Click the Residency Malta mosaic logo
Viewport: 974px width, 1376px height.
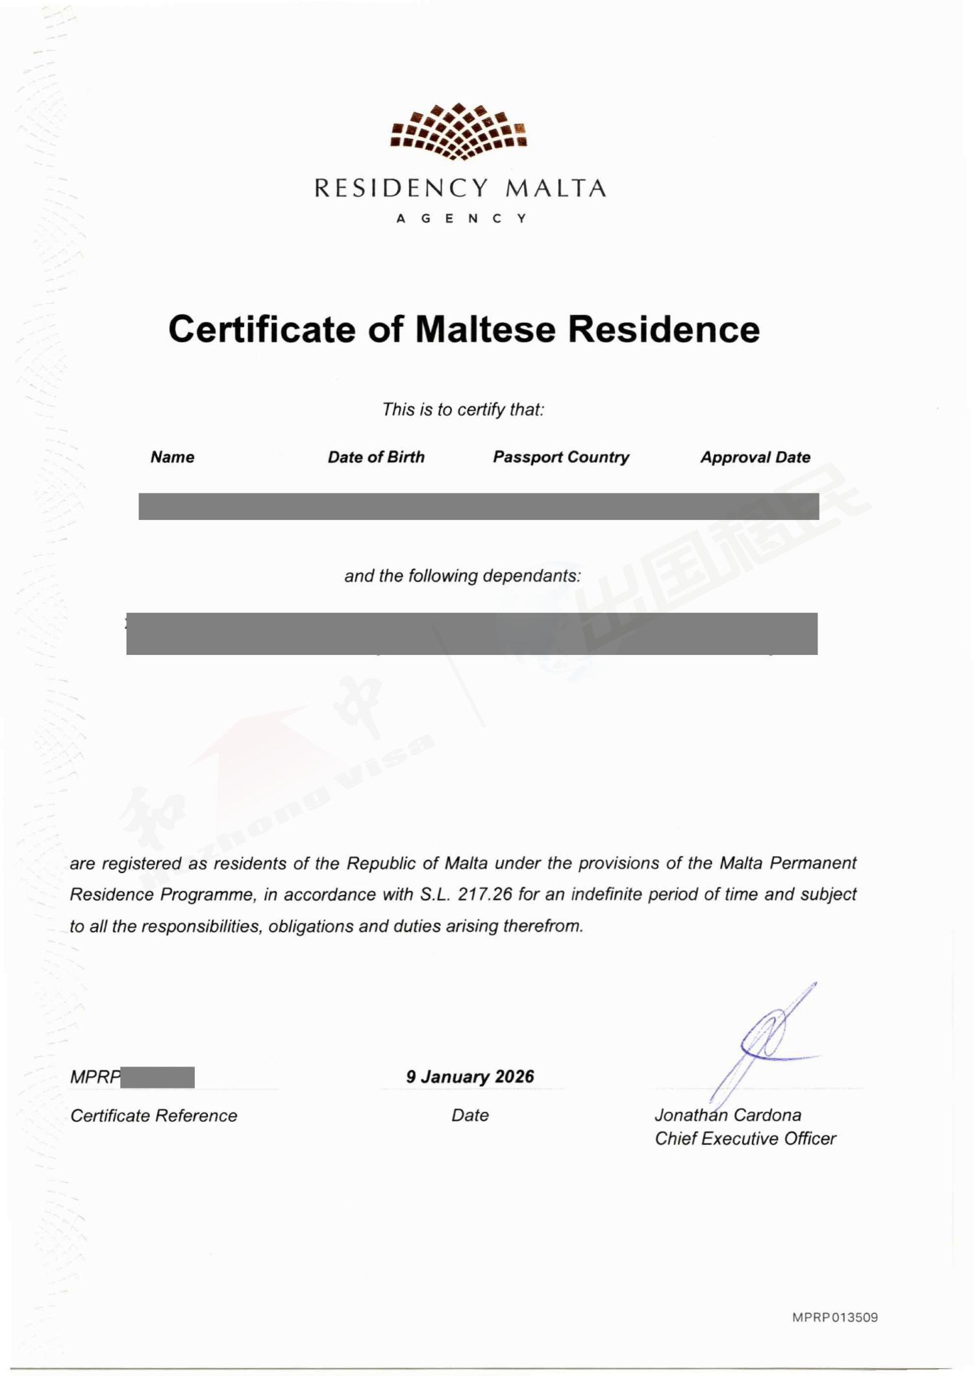458,131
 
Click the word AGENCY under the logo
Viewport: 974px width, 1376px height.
461,219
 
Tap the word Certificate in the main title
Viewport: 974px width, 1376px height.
262,329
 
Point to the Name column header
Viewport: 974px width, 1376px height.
172,457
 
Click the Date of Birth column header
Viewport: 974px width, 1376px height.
376,457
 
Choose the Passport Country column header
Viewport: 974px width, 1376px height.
561,457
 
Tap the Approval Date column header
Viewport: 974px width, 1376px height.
755,457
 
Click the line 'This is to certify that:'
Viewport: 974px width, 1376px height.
462,410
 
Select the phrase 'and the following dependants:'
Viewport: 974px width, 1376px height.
462,576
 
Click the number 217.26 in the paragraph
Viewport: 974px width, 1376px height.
485,894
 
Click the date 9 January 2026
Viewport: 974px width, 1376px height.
470,1077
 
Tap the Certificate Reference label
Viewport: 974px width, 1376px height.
154,1116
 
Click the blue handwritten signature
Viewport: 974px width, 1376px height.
766,1038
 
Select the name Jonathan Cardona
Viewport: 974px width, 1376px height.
727,1115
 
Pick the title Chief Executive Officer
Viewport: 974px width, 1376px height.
745,1138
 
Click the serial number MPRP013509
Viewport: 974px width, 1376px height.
835,1318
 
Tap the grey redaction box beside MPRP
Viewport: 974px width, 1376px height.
158,1077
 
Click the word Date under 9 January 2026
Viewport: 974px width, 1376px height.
470,1115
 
